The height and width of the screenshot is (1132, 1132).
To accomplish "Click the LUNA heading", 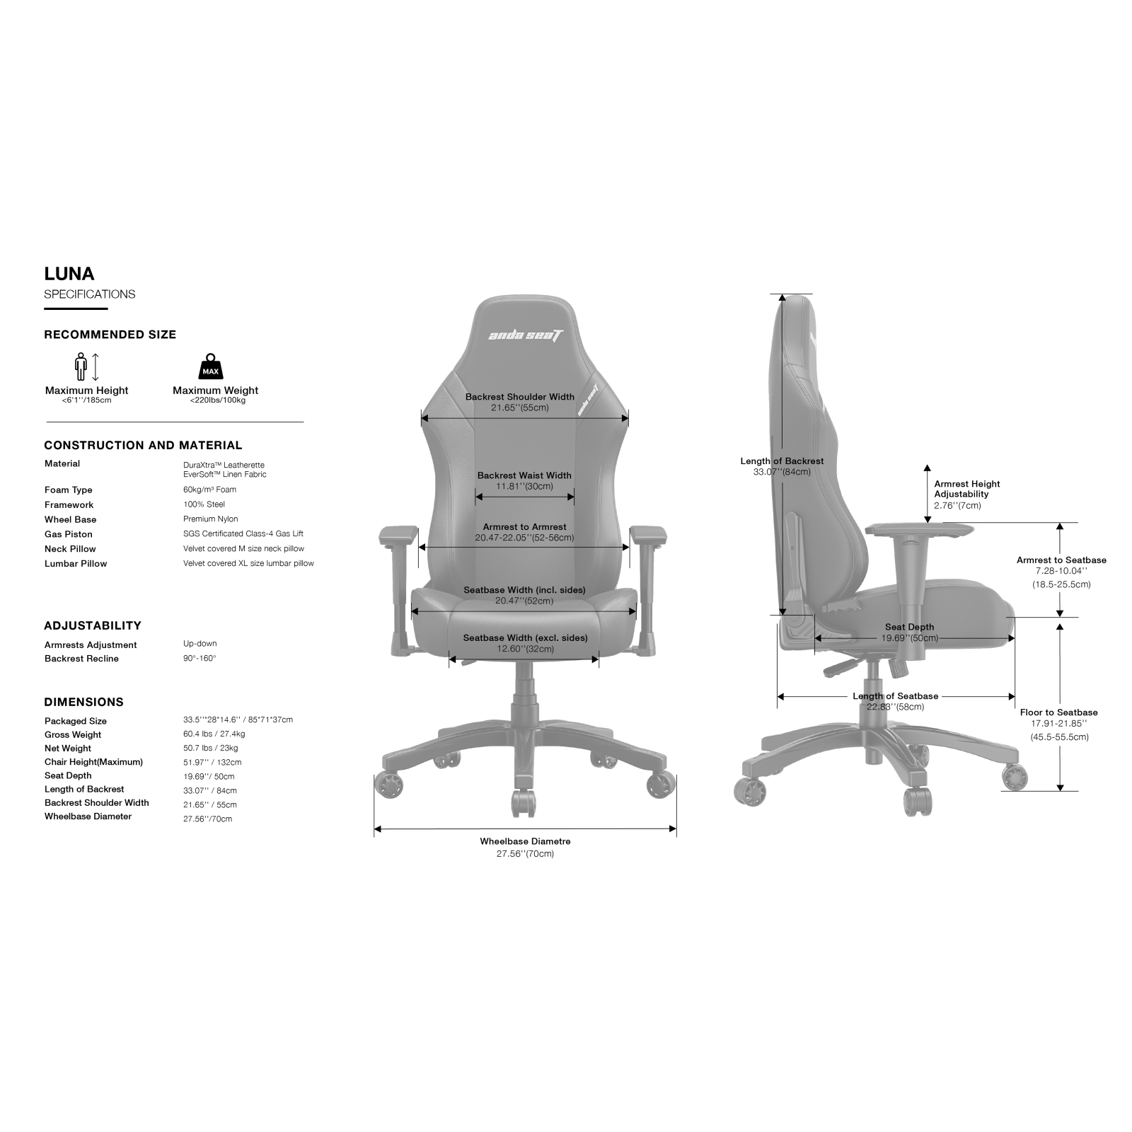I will point(69,274).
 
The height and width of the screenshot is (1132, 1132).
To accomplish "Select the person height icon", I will point(81,366).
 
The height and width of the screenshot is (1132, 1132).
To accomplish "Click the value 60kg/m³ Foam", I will point(209,490).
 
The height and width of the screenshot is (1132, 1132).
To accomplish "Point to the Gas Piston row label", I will point(68,534).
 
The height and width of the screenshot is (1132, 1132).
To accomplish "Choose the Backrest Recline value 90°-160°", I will point(200,658).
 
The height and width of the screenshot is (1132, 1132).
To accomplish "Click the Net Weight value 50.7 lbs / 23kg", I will point(210,748).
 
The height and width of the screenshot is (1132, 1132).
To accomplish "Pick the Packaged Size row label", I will point(76,721).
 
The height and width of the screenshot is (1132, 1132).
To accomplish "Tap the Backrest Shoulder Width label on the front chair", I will point(520,397).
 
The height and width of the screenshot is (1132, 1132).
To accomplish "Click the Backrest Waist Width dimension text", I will point(524,475).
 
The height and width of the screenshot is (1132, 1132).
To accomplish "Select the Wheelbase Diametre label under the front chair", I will point(525,841).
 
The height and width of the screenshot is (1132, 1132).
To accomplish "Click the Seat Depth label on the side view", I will point(909,627).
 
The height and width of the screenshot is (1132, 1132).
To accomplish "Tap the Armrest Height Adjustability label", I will point(966,489).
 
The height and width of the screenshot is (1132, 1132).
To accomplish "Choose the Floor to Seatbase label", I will point(1058,712).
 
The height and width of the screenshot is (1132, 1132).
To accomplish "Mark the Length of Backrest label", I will point(782,461).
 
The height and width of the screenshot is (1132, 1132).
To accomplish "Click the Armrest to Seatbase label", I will point(1061,560).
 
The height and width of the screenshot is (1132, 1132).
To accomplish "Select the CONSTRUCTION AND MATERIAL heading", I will point(143,445).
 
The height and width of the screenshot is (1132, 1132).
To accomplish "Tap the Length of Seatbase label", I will point(895,696).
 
